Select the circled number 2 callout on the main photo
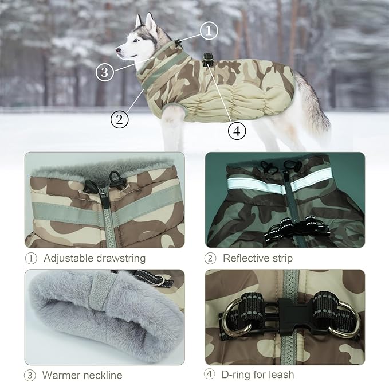pos(119,119)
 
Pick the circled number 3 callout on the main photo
pos(104,72)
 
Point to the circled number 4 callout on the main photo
pos(237,131)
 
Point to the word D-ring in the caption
pos(241,375)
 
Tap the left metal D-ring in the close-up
pos(233,315)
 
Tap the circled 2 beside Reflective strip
pos(210,258)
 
